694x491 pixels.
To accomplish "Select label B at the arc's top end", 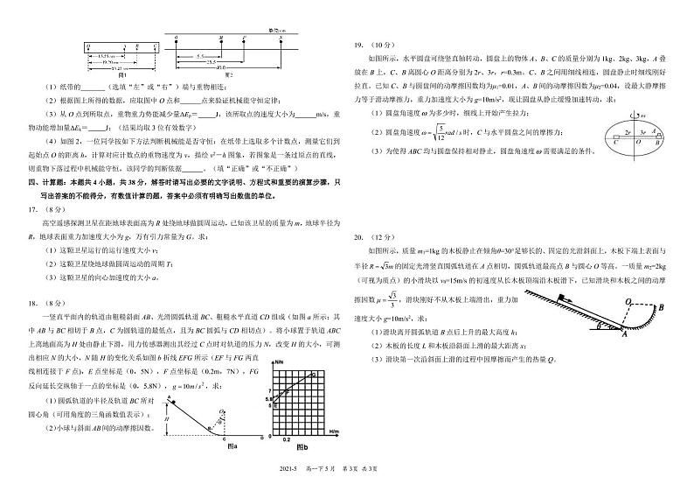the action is click(x=662, y=307).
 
